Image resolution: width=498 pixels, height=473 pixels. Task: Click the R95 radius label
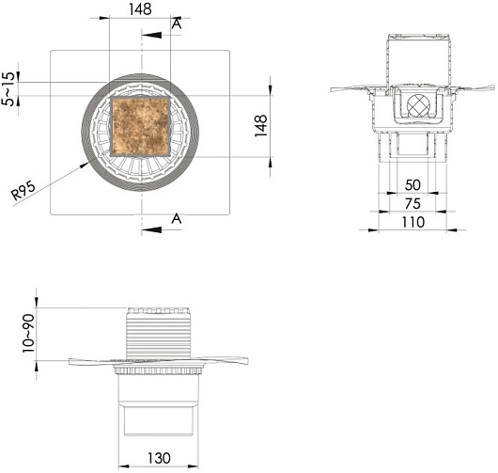[x=23, y=191]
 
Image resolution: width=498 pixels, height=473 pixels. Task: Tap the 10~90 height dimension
[x=28, y=333]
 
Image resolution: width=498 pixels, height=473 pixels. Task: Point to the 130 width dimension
[x=159, y=458]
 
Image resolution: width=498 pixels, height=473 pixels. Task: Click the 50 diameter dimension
[x=412, y=185]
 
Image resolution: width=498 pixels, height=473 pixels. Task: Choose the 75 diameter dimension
[x=412, y=204]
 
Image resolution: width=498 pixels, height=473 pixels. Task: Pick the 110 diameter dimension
[x=412, y=222]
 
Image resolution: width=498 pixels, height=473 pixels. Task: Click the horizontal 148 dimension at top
[x=140, y=9]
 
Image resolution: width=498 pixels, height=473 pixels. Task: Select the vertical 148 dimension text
[x=261, y=126]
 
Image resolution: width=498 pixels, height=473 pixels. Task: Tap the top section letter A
[x=177, y=24]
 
